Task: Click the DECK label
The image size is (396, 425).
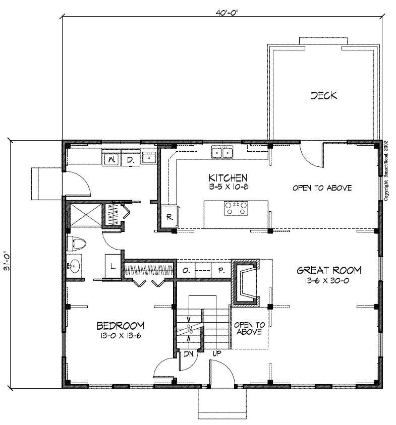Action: pyautogui.click(x=323, y=95)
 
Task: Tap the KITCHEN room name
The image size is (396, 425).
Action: pyautogui.click(x=228, y=177)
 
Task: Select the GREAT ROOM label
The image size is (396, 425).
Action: pyautogui.click(x=328, y=270)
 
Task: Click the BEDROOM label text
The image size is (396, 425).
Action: pyautogui.click(x=121, y=325)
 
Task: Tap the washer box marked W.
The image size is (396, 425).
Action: pyautogui.click(x=110, y=160)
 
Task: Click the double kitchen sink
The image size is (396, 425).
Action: pyautogui.click(x=222, y=152)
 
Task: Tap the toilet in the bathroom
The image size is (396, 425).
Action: pyautogui.click(x=77, y=244)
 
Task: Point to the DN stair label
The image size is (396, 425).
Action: pyautogui.click(x=188, y=354)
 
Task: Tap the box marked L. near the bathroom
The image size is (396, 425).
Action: pyautogui.click(x=112, y=266)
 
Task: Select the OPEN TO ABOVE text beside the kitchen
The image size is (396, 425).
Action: pyautogui.click(x=322, y=188)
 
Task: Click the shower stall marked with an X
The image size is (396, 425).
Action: pyautogui.click(x=83, y=214)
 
